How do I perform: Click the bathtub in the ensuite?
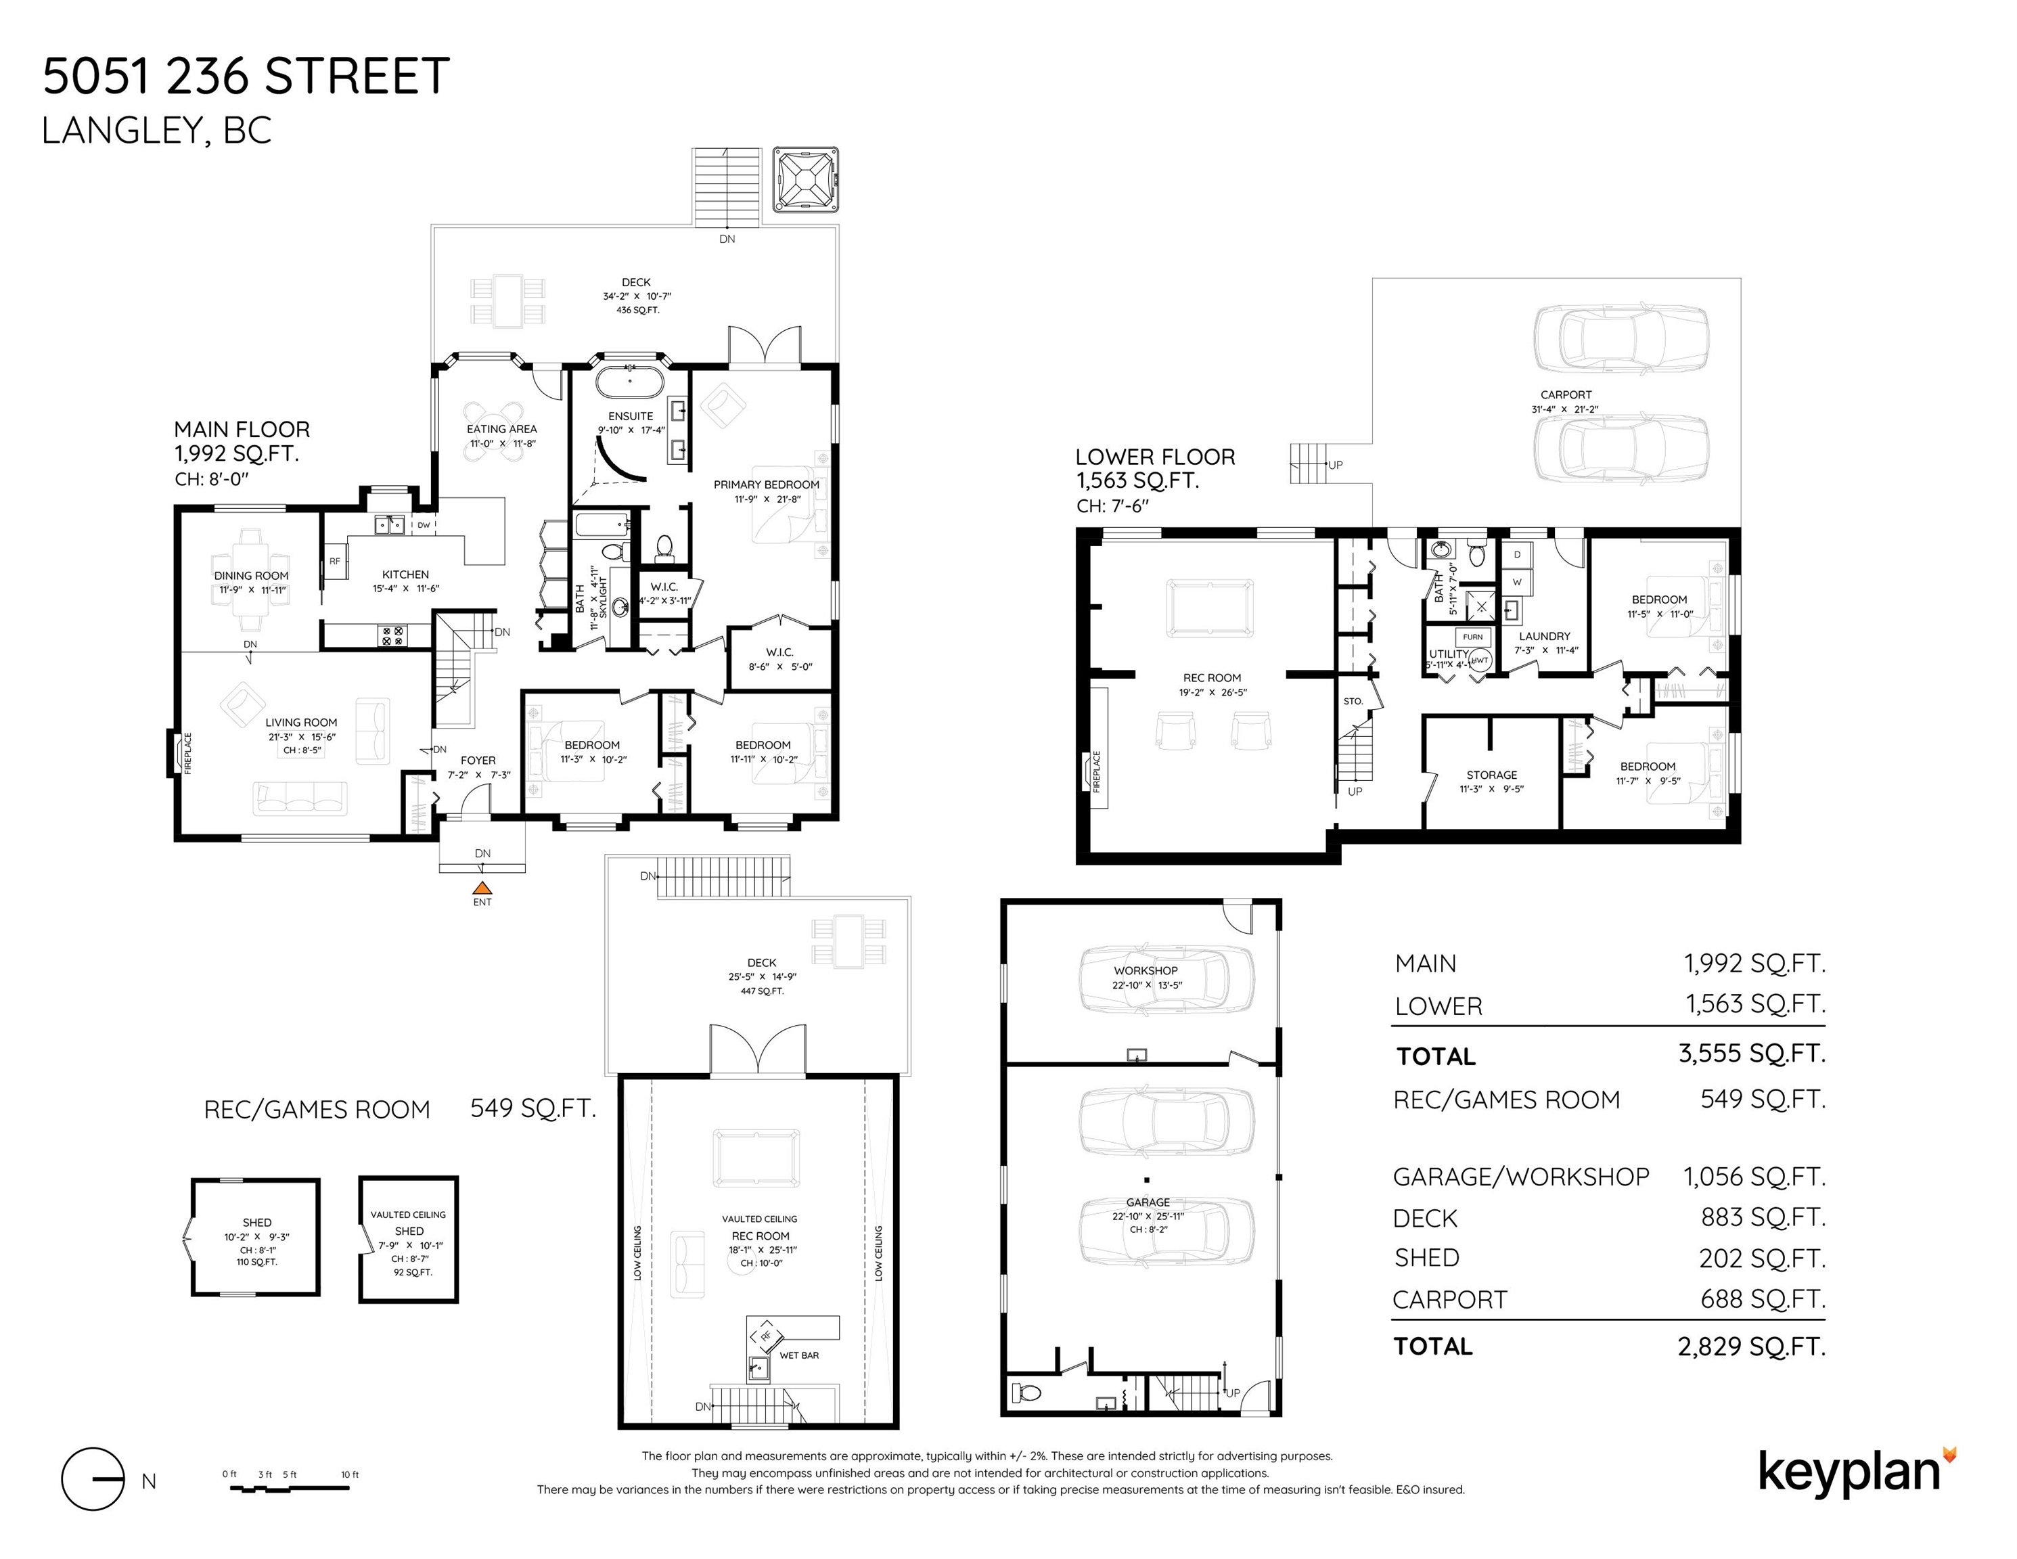[630, 380]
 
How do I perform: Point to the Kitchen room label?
[405, 574]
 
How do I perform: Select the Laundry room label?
[1544, 636]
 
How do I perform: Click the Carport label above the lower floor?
[1566, 394]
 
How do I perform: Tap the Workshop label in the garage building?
[1146, 971]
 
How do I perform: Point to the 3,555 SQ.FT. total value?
[1752, 1054]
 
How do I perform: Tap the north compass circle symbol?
[92, 1478]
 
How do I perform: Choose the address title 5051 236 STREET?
[246, 76]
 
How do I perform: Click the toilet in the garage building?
[1025, 1392]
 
